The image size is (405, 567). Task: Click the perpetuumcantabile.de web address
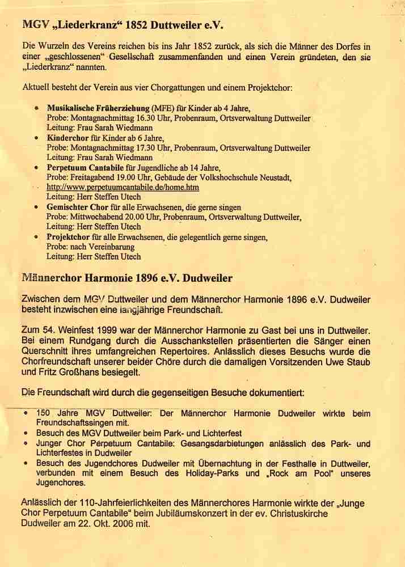[123, 187]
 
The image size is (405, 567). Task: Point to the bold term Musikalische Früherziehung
[98, 108]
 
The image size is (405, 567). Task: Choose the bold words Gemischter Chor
[77, 207]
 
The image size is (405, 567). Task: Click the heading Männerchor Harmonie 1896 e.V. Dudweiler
[126, 279]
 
